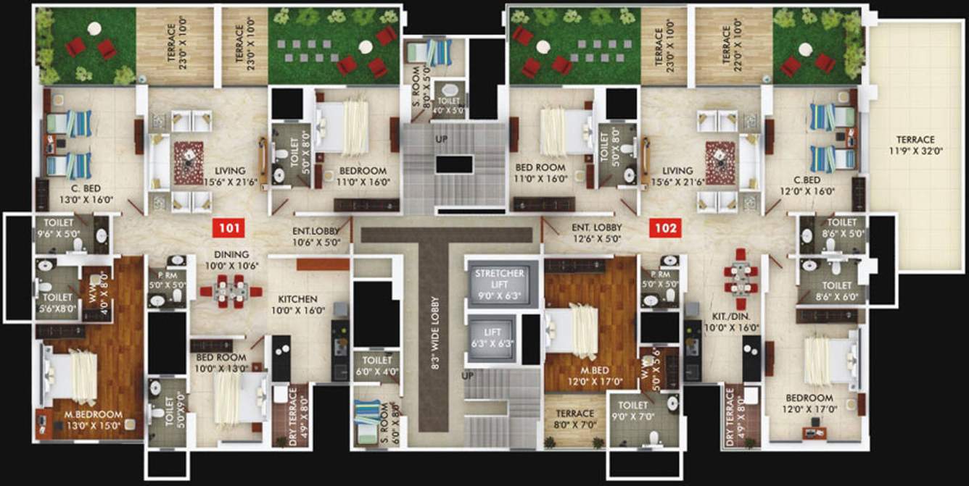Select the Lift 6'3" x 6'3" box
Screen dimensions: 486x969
point(492,337)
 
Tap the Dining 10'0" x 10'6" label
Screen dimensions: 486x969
point(231,259)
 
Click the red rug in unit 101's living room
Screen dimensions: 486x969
point(188,162)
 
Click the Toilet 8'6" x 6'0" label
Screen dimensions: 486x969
point(831,291)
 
